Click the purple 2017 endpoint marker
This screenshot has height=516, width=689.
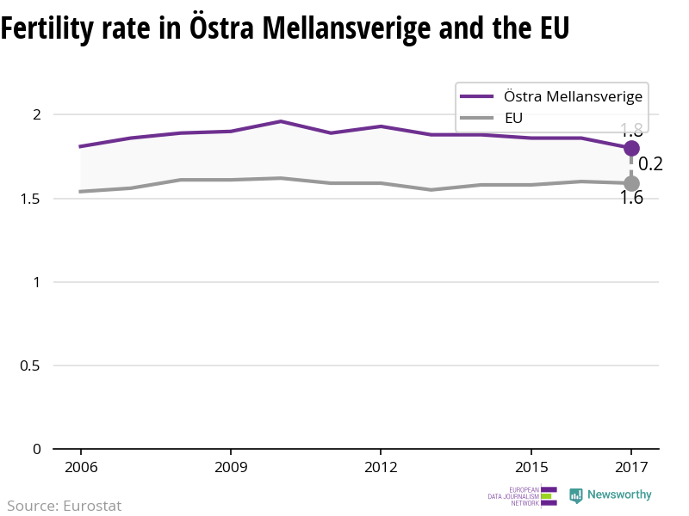coord(631,148)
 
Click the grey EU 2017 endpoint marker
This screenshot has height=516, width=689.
coord(631,183)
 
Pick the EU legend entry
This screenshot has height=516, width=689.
coord(513,118)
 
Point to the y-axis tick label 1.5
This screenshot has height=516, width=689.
coord(31,199)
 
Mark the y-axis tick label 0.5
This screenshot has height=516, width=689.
coord(31,365)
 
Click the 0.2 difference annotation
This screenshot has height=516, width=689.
coord(650,164)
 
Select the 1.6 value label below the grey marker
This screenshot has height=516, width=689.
coord(631,199)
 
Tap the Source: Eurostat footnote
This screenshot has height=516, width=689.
coord(65,506)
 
